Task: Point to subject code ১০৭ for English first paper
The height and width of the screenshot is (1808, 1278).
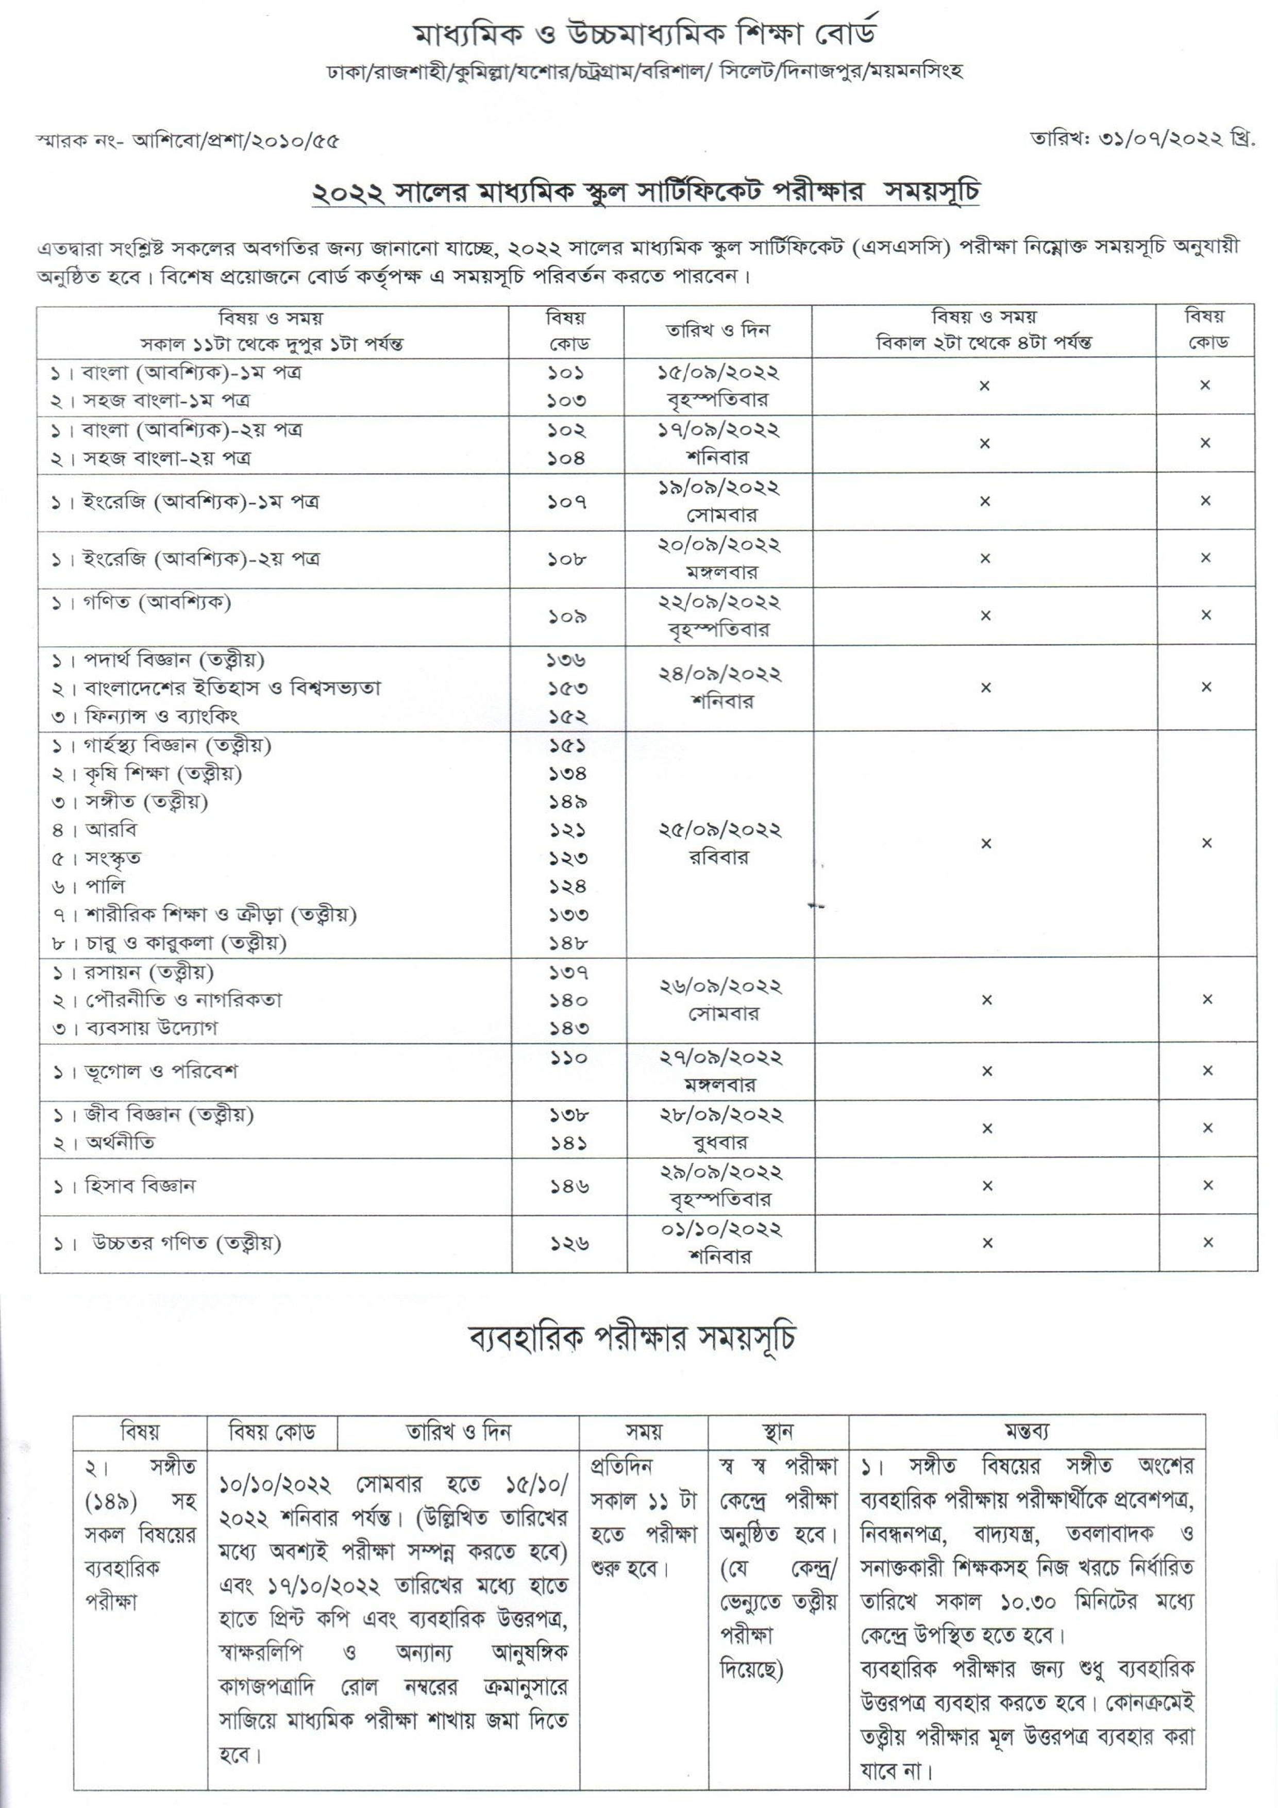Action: [x=566, y=501]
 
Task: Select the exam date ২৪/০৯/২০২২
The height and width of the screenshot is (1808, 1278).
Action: [x=719, y=674]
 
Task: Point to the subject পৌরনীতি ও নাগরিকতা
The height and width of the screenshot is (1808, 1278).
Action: [x=183, y=1000]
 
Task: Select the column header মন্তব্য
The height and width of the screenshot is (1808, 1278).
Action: [x=1027, y=1431]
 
